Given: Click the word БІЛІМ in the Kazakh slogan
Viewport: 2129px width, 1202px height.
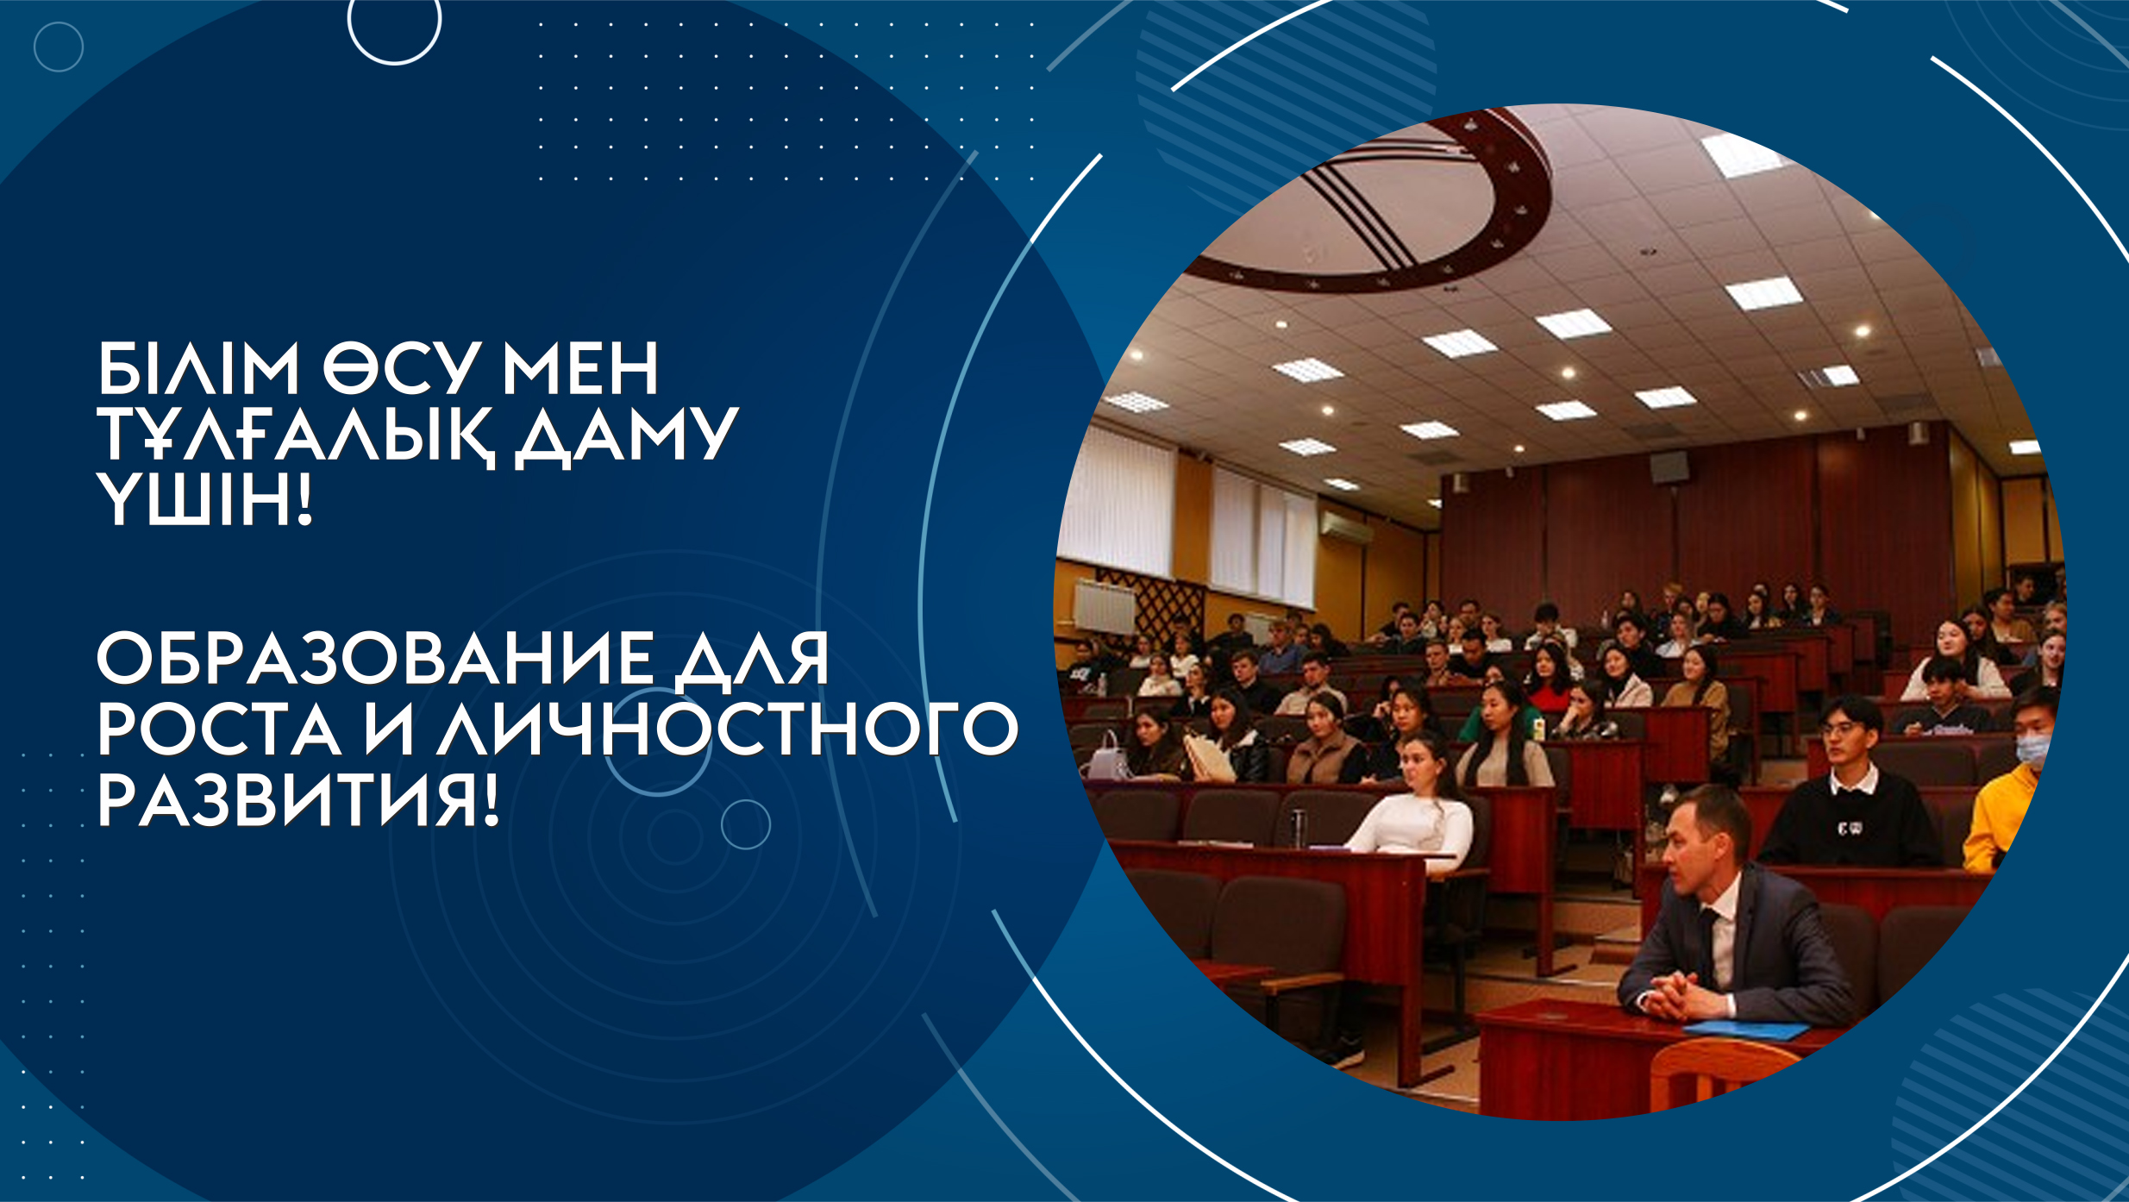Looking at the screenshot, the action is [x=198, y=368].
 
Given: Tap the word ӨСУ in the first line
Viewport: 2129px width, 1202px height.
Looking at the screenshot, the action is [x=401, y=368].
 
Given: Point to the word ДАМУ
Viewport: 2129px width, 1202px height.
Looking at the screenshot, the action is [x=627, y=435].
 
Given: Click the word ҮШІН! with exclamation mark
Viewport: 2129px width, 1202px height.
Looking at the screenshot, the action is [x=204, y=500].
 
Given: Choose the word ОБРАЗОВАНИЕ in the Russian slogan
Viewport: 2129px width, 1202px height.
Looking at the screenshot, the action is [x=374, y=658].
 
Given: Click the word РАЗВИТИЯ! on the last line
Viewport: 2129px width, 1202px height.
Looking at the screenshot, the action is [x=298, y=800].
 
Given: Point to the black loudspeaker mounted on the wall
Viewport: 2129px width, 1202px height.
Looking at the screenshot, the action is [x=1669, y=466].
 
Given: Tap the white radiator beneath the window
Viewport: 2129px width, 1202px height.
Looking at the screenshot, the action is [x=1105, y=606].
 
